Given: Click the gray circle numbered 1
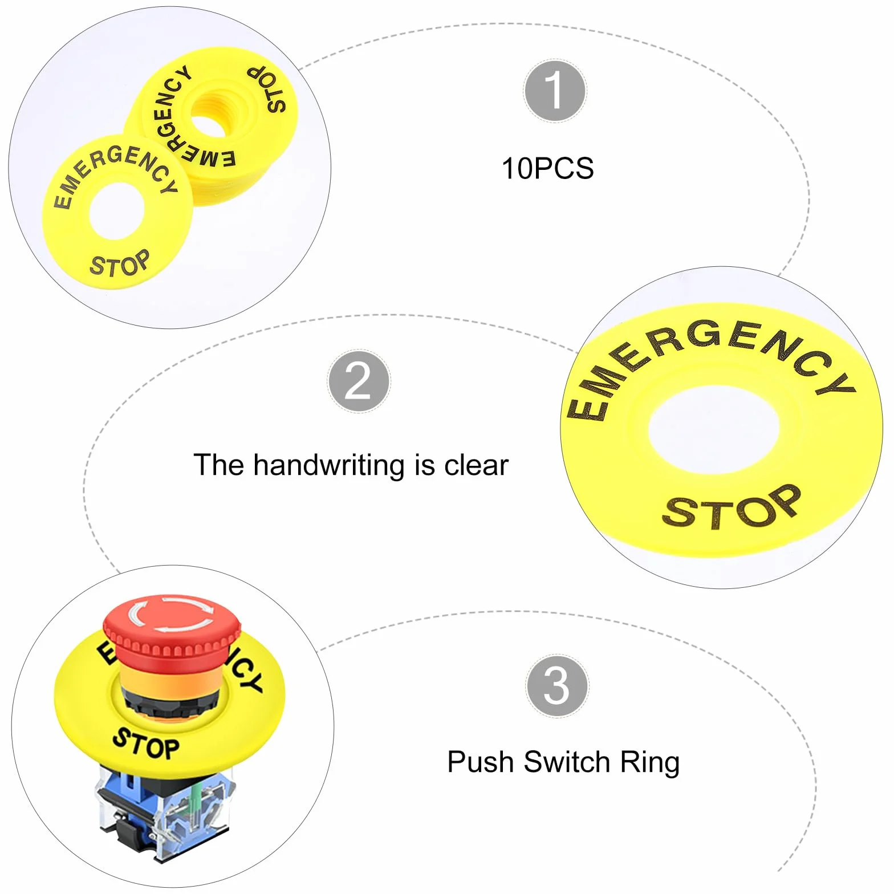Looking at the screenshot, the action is [x=554, y=91].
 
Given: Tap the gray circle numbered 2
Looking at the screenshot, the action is [x=359, y=381].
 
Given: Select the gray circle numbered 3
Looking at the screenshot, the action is [x=556, y=685].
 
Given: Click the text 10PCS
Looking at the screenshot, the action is [x=547, y=169].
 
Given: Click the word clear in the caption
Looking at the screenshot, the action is [x=476, y=465].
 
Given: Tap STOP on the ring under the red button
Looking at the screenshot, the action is [x=146, y=744].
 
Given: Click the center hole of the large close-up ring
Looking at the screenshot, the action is [x=713, y=429].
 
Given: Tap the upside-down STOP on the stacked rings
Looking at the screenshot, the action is [x=267, y=89].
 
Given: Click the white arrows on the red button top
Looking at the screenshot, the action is [x=171, y=613].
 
